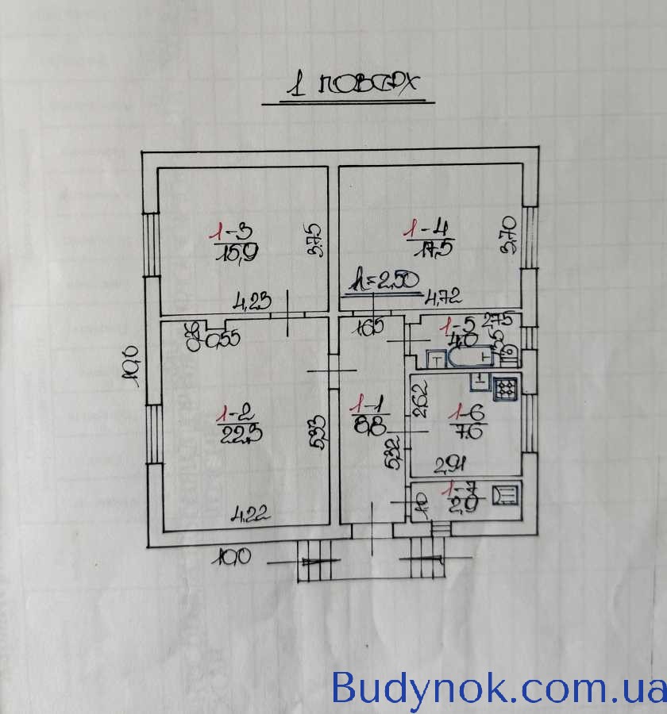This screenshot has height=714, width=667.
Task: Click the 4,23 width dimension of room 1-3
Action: point(253,301)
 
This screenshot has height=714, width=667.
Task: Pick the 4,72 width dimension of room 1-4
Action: point(444,299)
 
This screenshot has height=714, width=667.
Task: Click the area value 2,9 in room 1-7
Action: point(464,505)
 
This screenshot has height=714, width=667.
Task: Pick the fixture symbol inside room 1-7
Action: point(504,495)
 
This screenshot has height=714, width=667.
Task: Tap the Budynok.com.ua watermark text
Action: point(498,686)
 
